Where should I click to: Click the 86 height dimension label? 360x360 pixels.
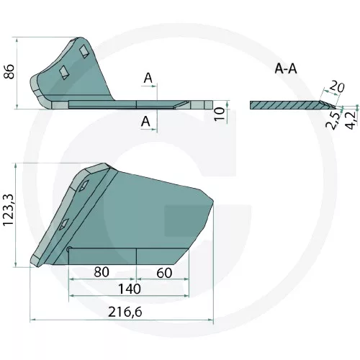click(x=9, y=71)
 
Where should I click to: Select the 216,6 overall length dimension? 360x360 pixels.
click(x=125, y=312)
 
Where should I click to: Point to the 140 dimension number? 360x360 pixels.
click(x=130, y=289)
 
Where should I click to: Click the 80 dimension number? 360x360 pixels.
click(x=102, y=272)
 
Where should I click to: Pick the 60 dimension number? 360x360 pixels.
click(x=164, y=273)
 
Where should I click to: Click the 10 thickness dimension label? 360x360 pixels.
click(x=220, y=114)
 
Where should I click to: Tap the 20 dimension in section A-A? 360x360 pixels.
click(x=336, y=87)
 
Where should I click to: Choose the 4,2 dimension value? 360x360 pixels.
click(x=352, y=120)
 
